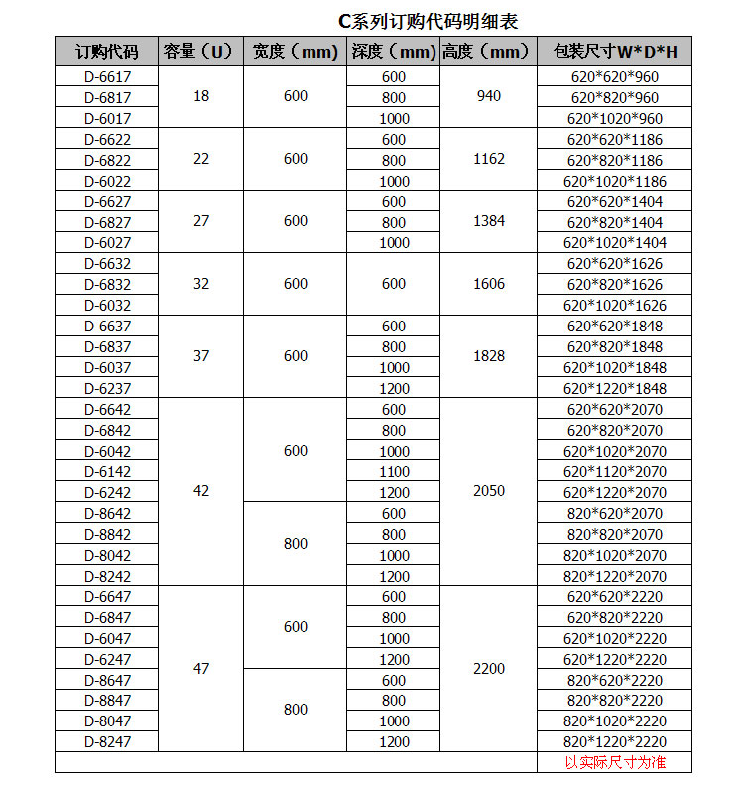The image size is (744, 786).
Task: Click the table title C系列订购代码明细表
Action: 429,21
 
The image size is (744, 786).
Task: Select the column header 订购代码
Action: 107,52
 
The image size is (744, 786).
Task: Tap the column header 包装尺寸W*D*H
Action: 615,52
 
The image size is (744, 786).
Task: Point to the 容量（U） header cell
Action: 201,52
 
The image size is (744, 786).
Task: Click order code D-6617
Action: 107,76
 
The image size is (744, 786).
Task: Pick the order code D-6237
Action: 107,388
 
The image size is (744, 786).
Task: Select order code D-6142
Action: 107,471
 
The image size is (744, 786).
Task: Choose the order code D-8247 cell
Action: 107,740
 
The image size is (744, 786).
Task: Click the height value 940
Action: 489,96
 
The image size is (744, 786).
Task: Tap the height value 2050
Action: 489,491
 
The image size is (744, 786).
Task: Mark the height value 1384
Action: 489,221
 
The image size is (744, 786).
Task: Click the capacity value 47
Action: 201,668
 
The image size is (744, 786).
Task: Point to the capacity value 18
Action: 201,96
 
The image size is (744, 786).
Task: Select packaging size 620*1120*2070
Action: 615,471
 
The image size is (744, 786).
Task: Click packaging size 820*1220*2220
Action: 615,740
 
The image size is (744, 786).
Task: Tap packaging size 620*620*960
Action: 615,76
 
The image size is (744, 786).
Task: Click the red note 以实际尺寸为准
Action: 615,762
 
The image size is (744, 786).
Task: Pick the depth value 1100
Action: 394,471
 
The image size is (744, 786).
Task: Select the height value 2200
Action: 489,668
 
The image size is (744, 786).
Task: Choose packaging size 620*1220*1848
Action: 615,388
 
